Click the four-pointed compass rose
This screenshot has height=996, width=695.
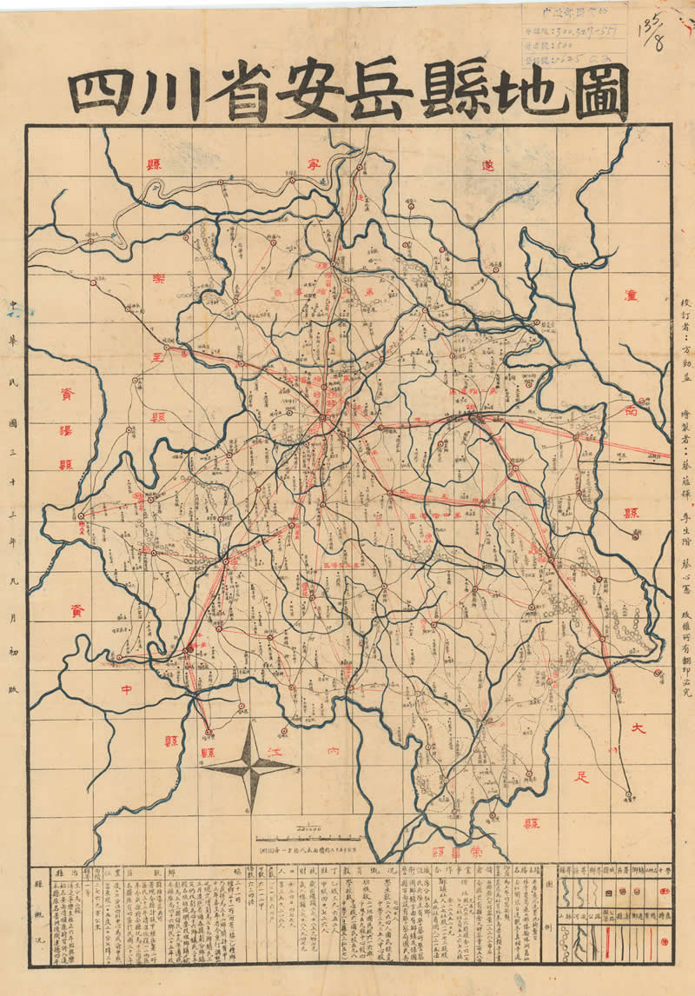253,765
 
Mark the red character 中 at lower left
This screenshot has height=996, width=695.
127,693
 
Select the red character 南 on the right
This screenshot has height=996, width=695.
632,415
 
